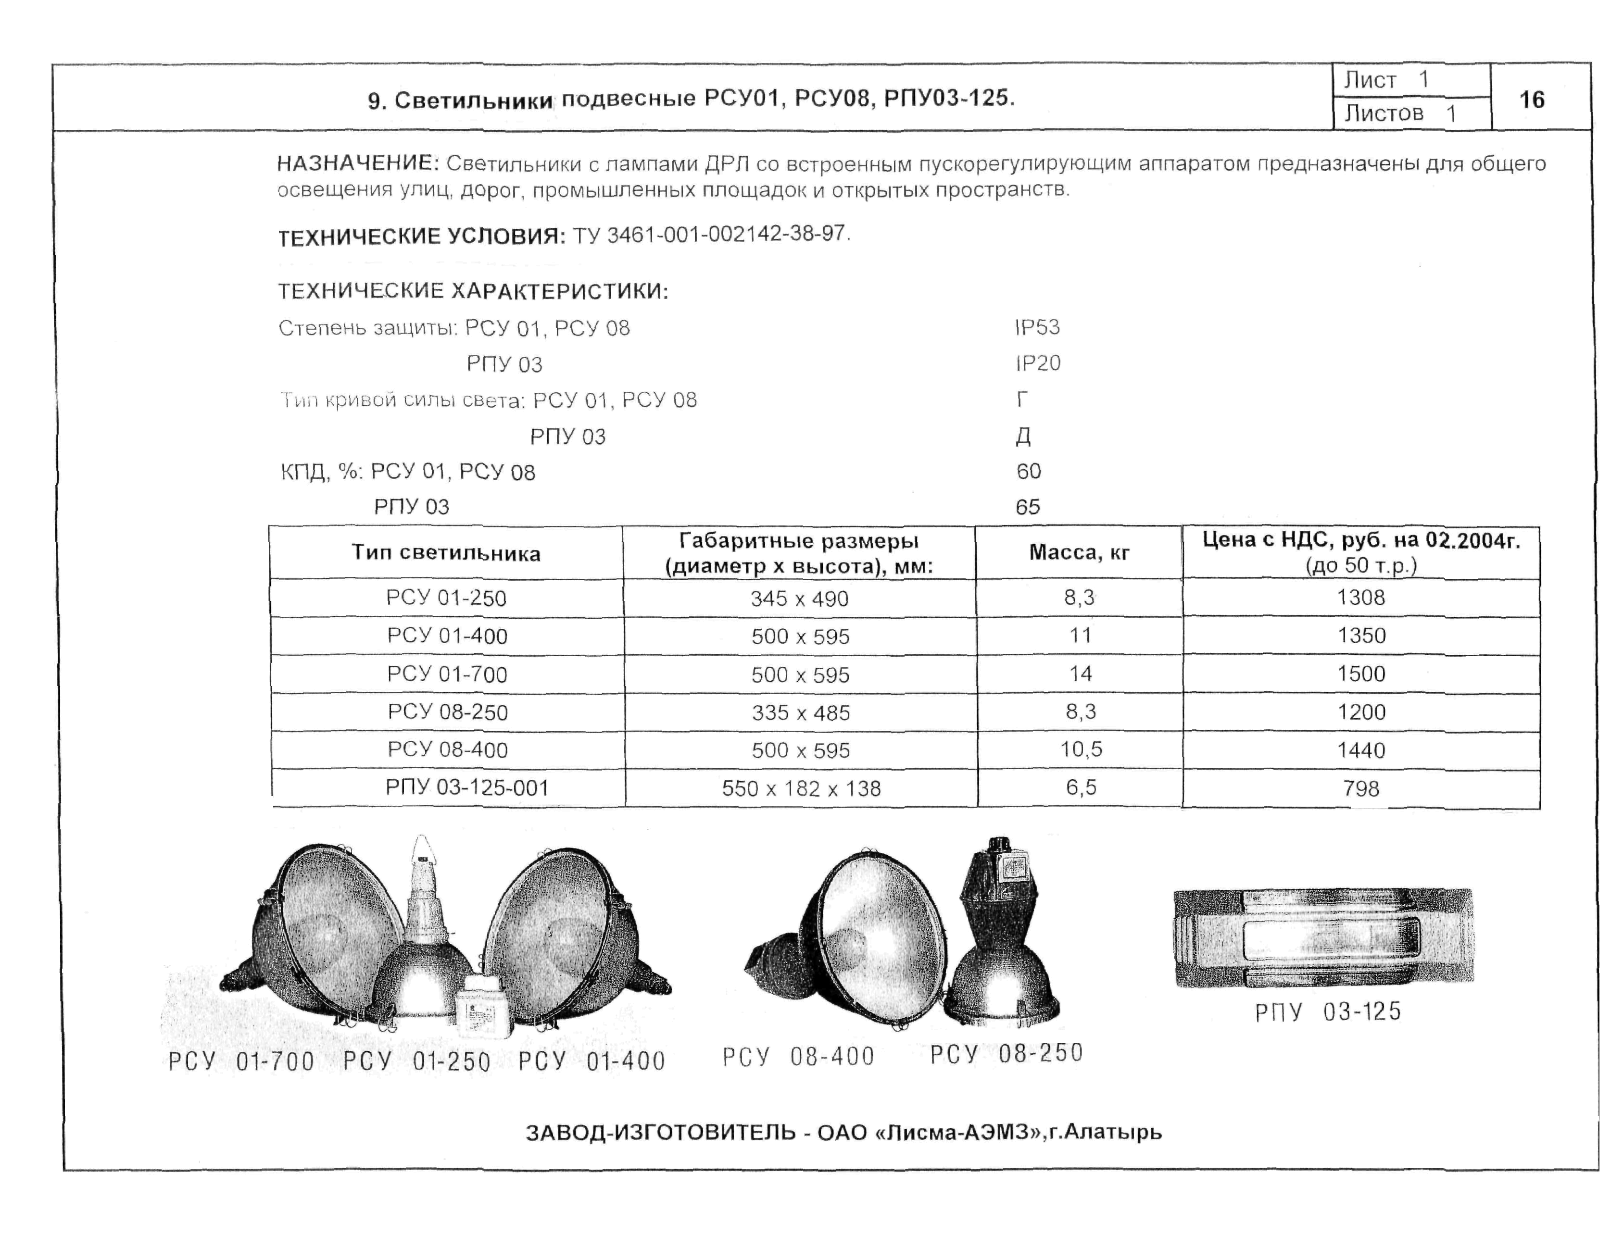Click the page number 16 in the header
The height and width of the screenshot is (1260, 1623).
tap(1532, 100)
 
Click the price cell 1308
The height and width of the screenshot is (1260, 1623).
tap(1360, 598)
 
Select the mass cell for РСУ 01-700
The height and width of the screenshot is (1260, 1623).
tap(1080, 674)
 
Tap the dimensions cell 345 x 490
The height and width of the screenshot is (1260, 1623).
tap(799, 598)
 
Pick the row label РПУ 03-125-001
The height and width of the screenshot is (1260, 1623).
tap(466, 787)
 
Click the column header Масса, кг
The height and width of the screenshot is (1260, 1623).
tap(1079, 552)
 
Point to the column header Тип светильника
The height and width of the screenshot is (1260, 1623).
tap(446, 553)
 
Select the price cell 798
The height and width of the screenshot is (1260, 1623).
tap(1360, 788)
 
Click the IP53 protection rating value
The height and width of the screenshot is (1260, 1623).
tap(1037, 327)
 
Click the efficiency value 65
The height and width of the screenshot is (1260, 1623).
tap(1028, 507)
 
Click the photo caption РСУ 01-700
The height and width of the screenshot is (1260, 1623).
tap(241, 1061)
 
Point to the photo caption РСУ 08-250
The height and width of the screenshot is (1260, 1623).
tap(1006, 1053)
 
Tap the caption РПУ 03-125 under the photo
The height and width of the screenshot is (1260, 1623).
tap(1327, 1012)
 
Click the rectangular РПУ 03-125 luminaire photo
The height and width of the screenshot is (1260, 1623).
tap(1323, 937)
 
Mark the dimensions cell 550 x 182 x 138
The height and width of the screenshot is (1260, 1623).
tap(801, 788)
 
